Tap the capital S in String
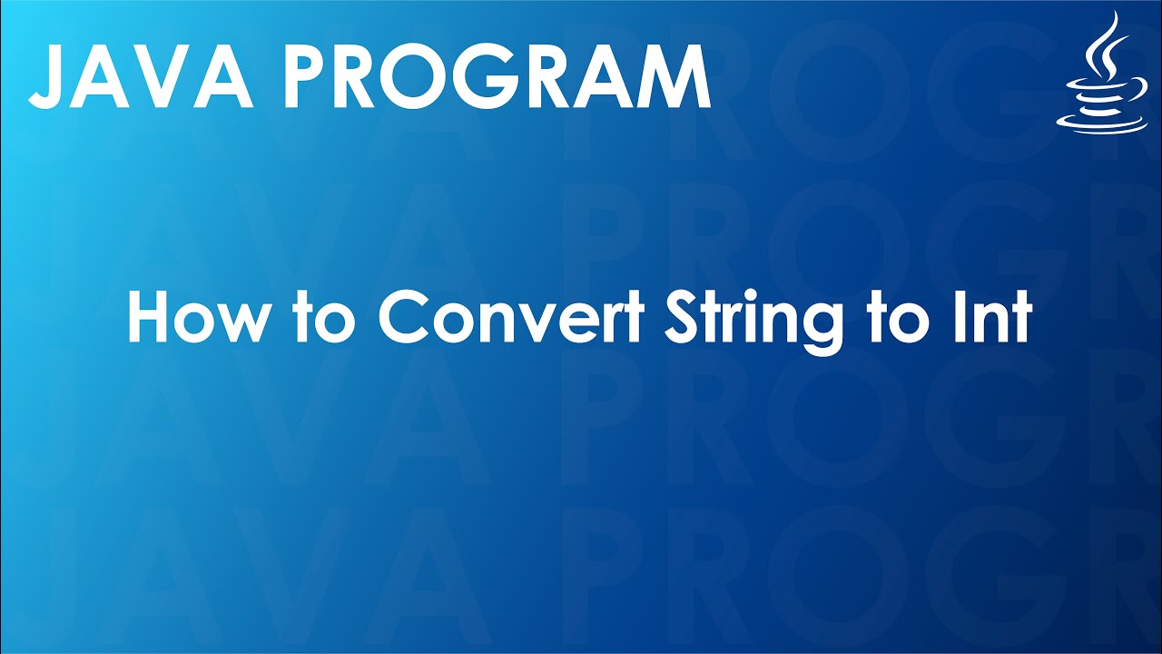[684, 317]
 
